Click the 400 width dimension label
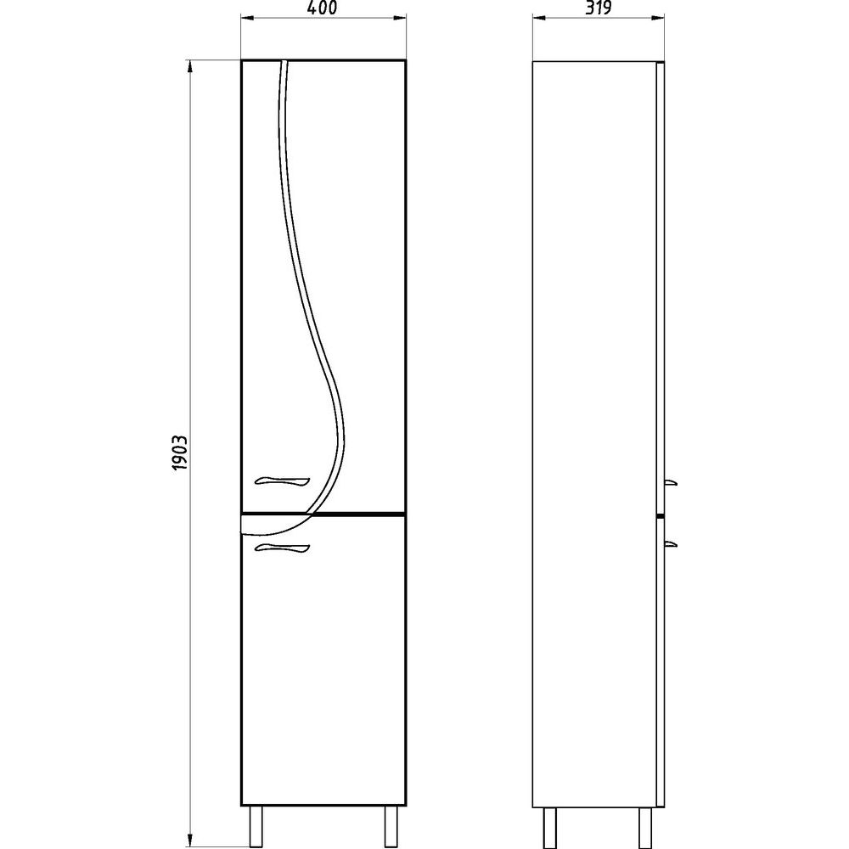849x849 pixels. pos(322,8)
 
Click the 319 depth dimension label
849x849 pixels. pos(599,8)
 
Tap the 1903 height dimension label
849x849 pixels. pos(179,453)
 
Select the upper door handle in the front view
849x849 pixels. pos(282,481)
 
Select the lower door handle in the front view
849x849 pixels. pos(282,548)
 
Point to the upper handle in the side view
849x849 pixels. pos(671,482)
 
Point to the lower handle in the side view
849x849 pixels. pos(671,543)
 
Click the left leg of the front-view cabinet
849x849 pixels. pos(256,826)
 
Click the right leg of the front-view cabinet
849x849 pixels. pos(391,826)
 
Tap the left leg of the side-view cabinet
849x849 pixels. pos(549,826)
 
